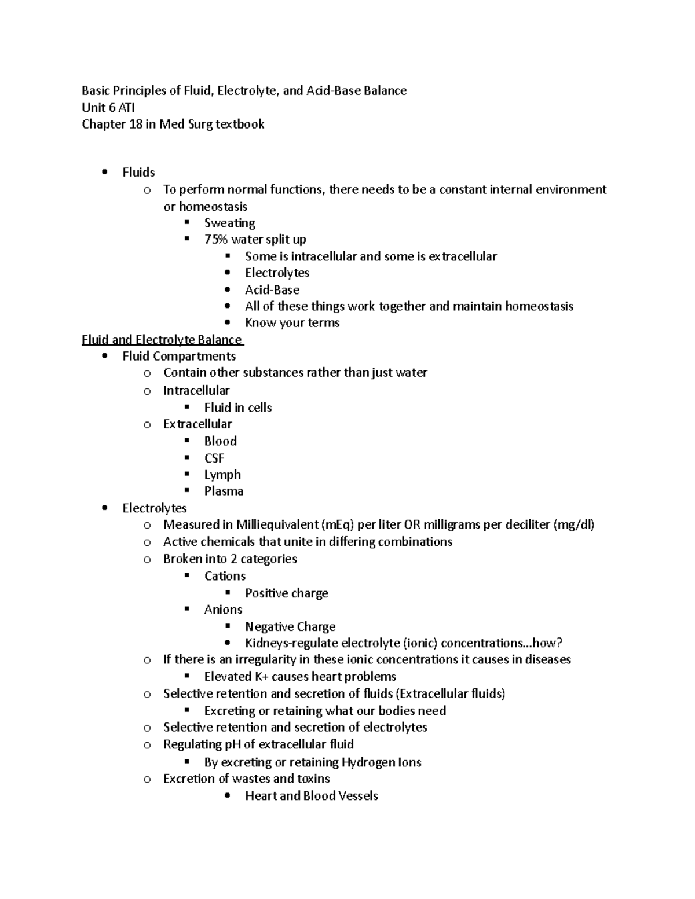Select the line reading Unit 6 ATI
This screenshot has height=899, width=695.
pos(108,108)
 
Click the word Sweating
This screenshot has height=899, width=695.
pos(229,223)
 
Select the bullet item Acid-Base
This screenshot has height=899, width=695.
pos(272,290)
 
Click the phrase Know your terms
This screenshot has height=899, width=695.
pos(292,323)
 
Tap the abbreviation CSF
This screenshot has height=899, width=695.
pos(214,458)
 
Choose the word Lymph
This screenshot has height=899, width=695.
pos(222,475)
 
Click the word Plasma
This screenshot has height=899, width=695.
pos(224,491)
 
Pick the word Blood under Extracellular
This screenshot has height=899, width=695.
pos(220,441)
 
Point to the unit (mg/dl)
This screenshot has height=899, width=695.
pos(573,525)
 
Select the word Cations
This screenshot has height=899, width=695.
pos(225,577)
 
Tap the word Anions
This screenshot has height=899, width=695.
pos(223,610)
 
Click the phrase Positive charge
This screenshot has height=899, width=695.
pos(286,593)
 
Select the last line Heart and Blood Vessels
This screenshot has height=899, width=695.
pos(311,796)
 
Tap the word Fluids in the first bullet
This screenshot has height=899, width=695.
pos(138,173)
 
